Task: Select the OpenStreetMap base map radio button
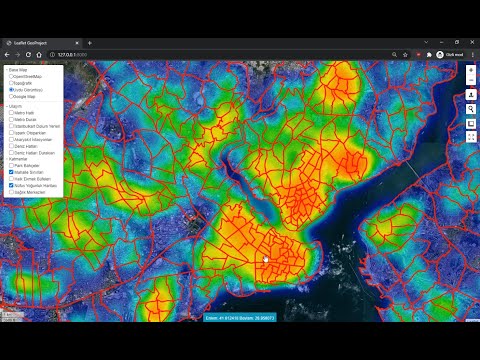coord(11,76)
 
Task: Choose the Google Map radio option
coord(11,97)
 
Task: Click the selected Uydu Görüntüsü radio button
coord(11,90)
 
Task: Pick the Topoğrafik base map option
coord(11,83)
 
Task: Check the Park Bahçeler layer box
coord(11,165)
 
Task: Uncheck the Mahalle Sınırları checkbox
coord(11,172)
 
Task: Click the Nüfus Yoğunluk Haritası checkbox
coord(11,186)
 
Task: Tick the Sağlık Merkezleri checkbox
coord(11,193)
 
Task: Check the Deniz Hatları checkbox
coord(11,145)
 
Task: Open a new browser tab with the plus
coord(89,43)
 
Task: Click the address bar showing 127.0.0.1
coord(200,55)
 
